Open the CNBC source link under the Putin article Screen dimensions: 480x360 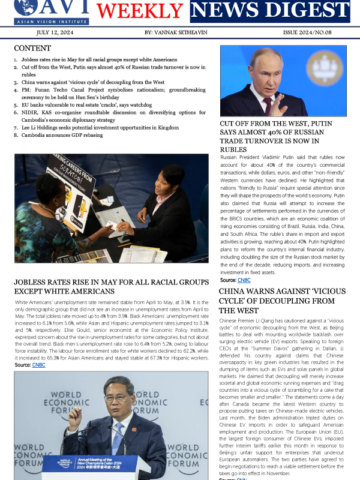point(244,280)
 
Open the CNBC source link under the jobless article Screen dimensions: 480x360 point(38,365)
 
